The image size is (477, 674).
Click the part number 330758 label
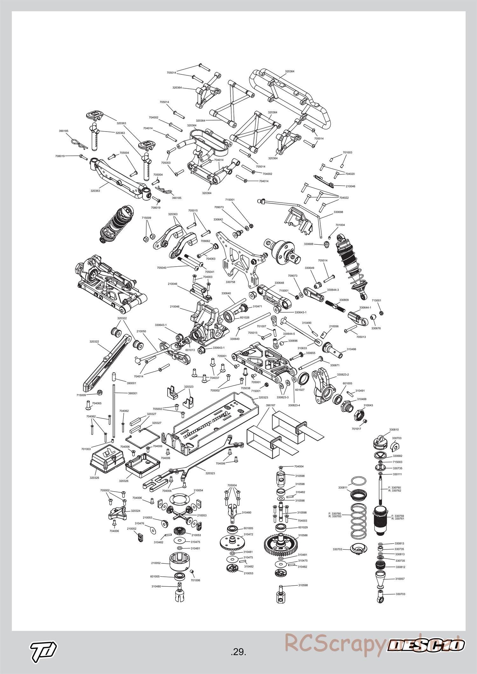coord(230,282)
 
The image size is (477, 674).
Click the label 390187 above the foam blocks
coord(270,405)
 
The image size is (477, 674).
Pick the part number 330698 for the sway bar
coord(338,212)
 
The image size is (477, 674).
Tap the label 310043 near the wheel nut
coord(368,405)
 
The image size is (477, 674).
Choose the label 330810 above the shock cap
coord(394,429)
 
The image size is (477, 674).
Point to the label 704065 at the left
coord(97,403)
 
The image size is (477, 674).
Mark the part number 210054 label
coord(198,490)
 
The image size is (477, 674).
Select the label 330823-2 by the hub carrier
coord(343,375)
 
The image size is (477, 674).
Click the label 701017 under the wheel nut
coord(356,429)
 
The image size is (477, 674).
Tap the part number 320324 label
coord(136,511)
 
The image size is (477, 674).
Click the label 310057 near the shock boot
coord(400,579)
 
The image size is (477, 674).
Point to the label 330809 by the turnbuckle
coord(344,300)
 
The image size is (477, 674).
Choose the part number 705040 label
coord(162,268)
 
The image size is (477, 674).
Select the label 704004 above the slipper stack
coord(299,466)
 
